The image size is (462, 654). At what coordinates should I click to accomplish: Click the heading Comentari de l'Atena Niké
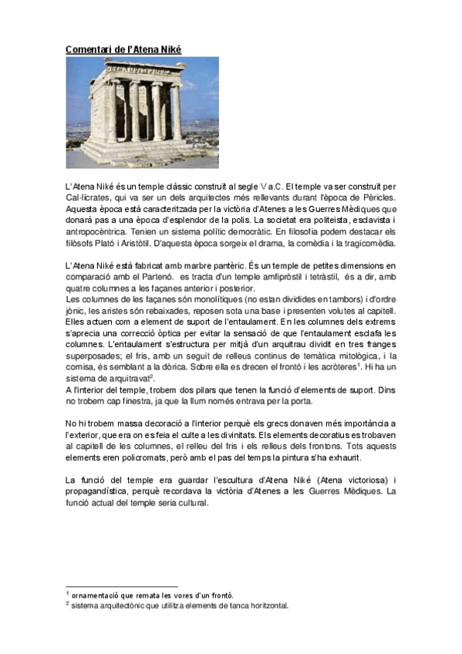click(123, 49)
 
